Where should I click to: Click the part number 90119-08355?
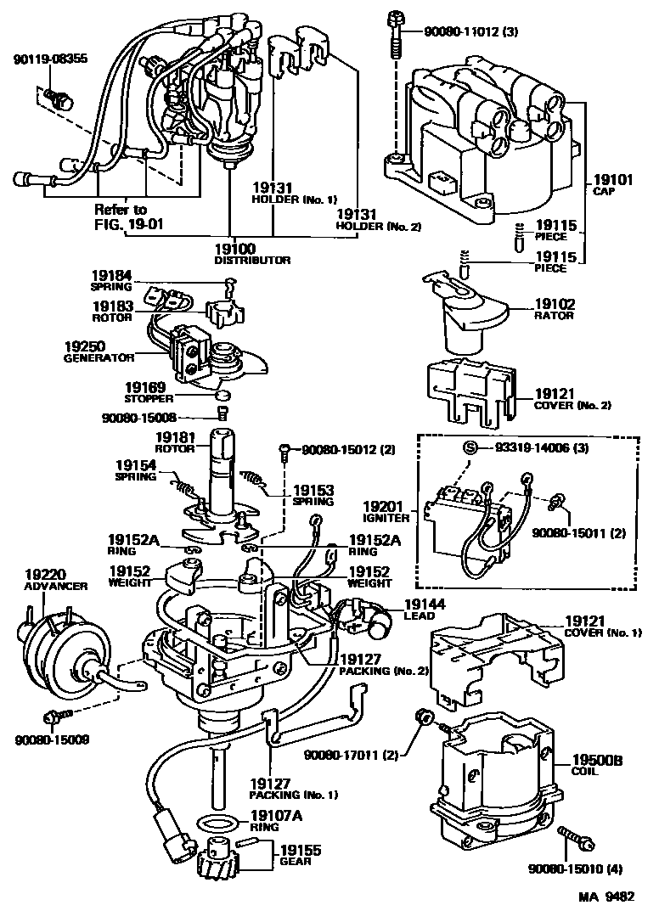click(x=50, y=59)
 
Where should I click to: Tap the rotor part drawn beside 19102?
click(x=462, y=314)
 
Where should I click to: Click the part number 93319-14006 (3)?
click(x=529, y=447)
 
